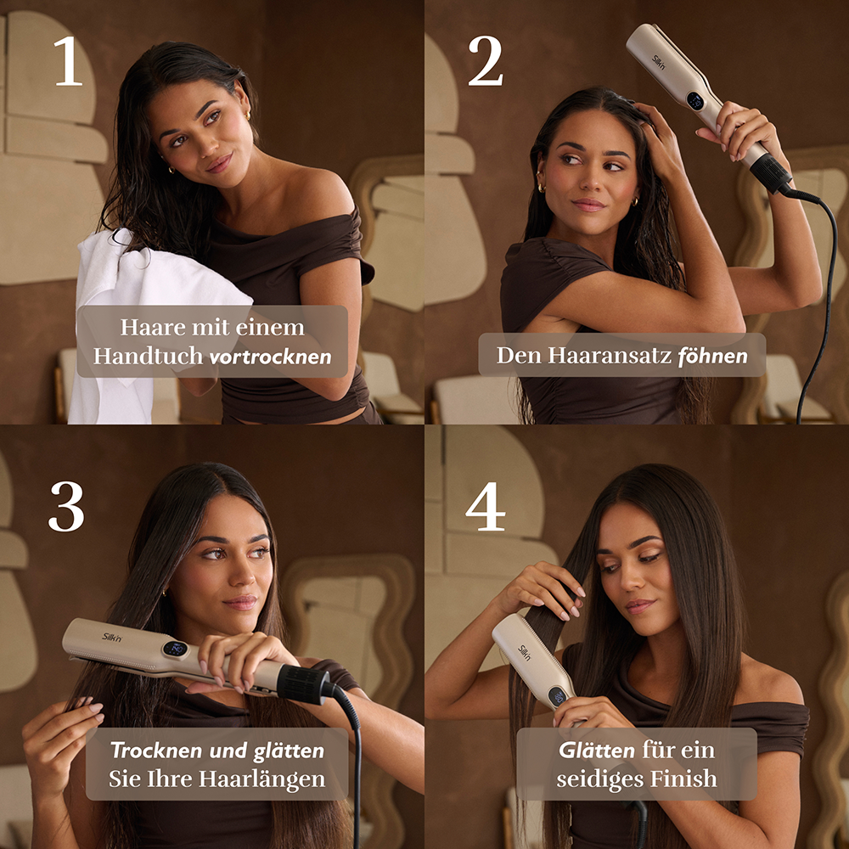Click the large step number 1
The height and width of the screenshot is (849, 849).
[x=68, y=60]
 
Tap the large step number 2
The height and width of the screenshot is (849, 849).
[x=485, y=60]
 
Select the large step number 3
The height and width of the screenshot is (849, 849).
[x=66, y=506]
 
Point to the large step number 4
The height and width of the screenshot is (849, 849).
[x=485, y=506]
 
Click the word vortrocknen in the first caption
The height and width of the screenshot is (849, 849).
[x=270, y=357]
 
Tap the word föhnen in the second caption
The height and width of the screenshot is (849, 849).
[x=712, y=356]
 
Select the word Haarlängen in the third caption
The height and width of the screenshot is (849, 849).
[x=262, y=779]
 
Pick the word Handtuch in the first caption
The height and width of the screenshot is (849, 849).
[x=148, y=356]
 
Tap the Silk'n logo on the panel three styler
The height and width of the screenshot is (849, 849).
[x=112, y=637]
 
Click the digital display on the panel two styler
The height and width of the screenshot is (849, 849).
[x=694, y=99]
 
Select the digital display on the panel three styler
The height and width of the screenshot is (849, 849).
[x=175, y=649]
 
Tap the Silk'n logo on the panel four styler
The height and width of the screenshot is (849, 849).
[x=524, y=652]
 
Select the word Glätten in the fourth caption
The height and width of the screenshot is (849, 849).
[x=597, y=751]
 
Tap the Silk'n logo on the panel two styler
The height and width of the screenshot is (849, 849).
[x=659, y=62]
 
